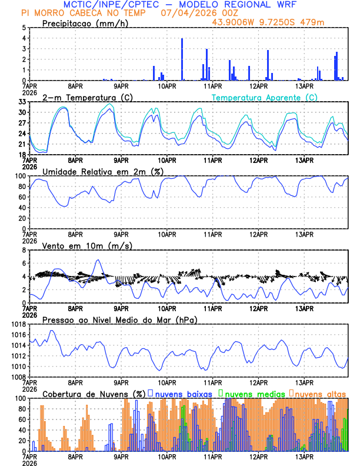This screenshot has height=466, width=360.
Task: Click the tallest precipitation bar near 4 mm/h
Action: pos(182,59)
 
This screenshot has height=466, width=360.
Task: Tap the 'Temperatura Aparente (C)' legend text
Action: pos(265,97)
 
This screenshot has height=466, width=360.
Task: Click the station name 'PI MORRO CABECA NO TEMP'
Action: pos(83,12)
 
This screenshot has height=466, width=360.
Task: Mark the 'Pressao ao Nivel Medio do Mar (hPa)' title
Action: pos(119,319)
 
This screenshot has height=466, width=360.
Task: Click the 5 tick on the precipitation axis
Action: pos(23,28)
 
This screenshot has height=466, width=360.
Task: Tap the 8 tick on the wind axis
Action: pos(23,250)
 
